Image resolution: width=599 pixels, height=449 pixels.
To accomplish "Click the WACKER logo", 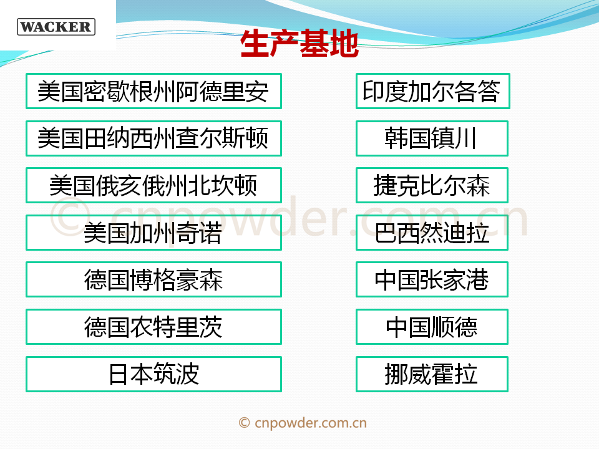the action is pos(56,27).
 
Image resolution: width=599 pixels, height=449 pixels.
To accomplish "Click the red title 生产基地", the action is pos(300,44).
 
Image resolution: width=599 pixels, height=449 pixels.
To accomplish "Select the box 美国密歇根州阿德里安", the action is pos(153,91).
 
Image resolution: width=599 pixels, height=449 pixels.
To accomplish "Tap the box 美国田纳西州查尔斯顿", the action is pos(153,138).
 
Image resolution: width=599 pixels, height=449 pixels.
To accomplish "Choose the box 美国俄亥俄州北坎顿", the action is pos(153,185).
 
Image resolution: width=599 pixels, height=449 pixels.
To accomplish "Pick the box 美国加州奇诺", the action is pos(153,233).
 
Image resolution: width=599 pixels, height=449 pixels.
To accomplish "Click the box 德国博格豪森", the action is pos(153,279).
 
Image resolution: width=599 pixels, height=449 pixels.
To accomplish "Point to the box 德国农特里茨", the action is pos(153,327).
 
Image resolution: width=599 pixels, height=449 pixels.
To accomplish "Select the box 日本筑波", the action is pos(153,374).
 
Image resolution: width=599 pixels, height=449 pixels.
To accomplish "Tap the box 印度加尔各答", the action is pos(433,91).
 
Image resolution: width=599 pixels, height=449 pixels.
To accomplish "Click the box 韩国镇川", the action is pos(432,138).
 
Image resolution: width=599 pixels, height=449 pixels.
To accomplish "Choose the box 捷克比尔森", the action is pos(432,185).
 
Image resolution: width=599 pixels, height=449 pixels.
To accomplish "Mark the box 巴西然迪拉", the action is pos(432,233).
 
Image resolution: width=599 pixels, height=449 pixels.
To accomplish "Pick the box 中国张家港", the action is pos(432,279).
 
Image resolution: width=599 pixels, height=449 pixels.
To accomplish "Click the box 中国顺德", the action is pos(432,327).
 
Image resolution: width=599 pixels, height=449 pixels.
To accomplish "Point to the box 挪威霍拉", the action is pos(432,374).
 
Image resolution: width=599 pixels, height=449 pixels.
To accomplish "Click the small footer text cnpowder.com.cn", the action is pos(311,423).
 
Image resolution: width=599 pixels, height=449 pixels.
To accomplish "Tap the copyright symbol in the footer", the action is pos(245,423).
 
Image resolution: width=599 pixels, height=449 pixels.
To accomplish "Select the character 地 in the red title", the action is pos(344,44).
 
